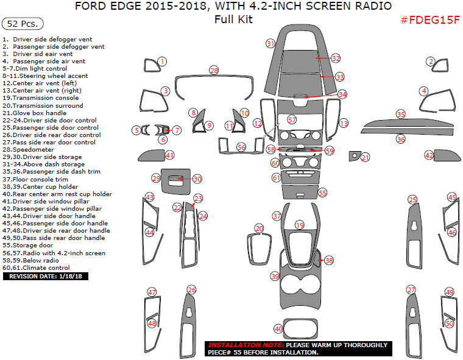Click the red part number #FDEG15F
coord(429,20)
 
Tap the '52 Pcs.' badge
coord(23,24)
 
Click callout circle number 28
coord(214,71)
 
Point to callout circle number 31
coord(270,43)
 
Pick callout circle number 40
coord(278,329)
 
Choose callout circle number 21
coord(366,158)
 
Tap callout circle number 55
coord(323,192)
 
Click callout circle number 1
coord(162,61)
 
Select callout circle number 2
coord(431,61)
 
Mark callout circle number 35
coord(400,114)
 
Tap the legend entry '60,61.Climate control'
coord(36,267)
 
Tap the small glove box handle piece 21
coord(354,156)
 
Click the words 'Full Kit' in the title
coord(233,19)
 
